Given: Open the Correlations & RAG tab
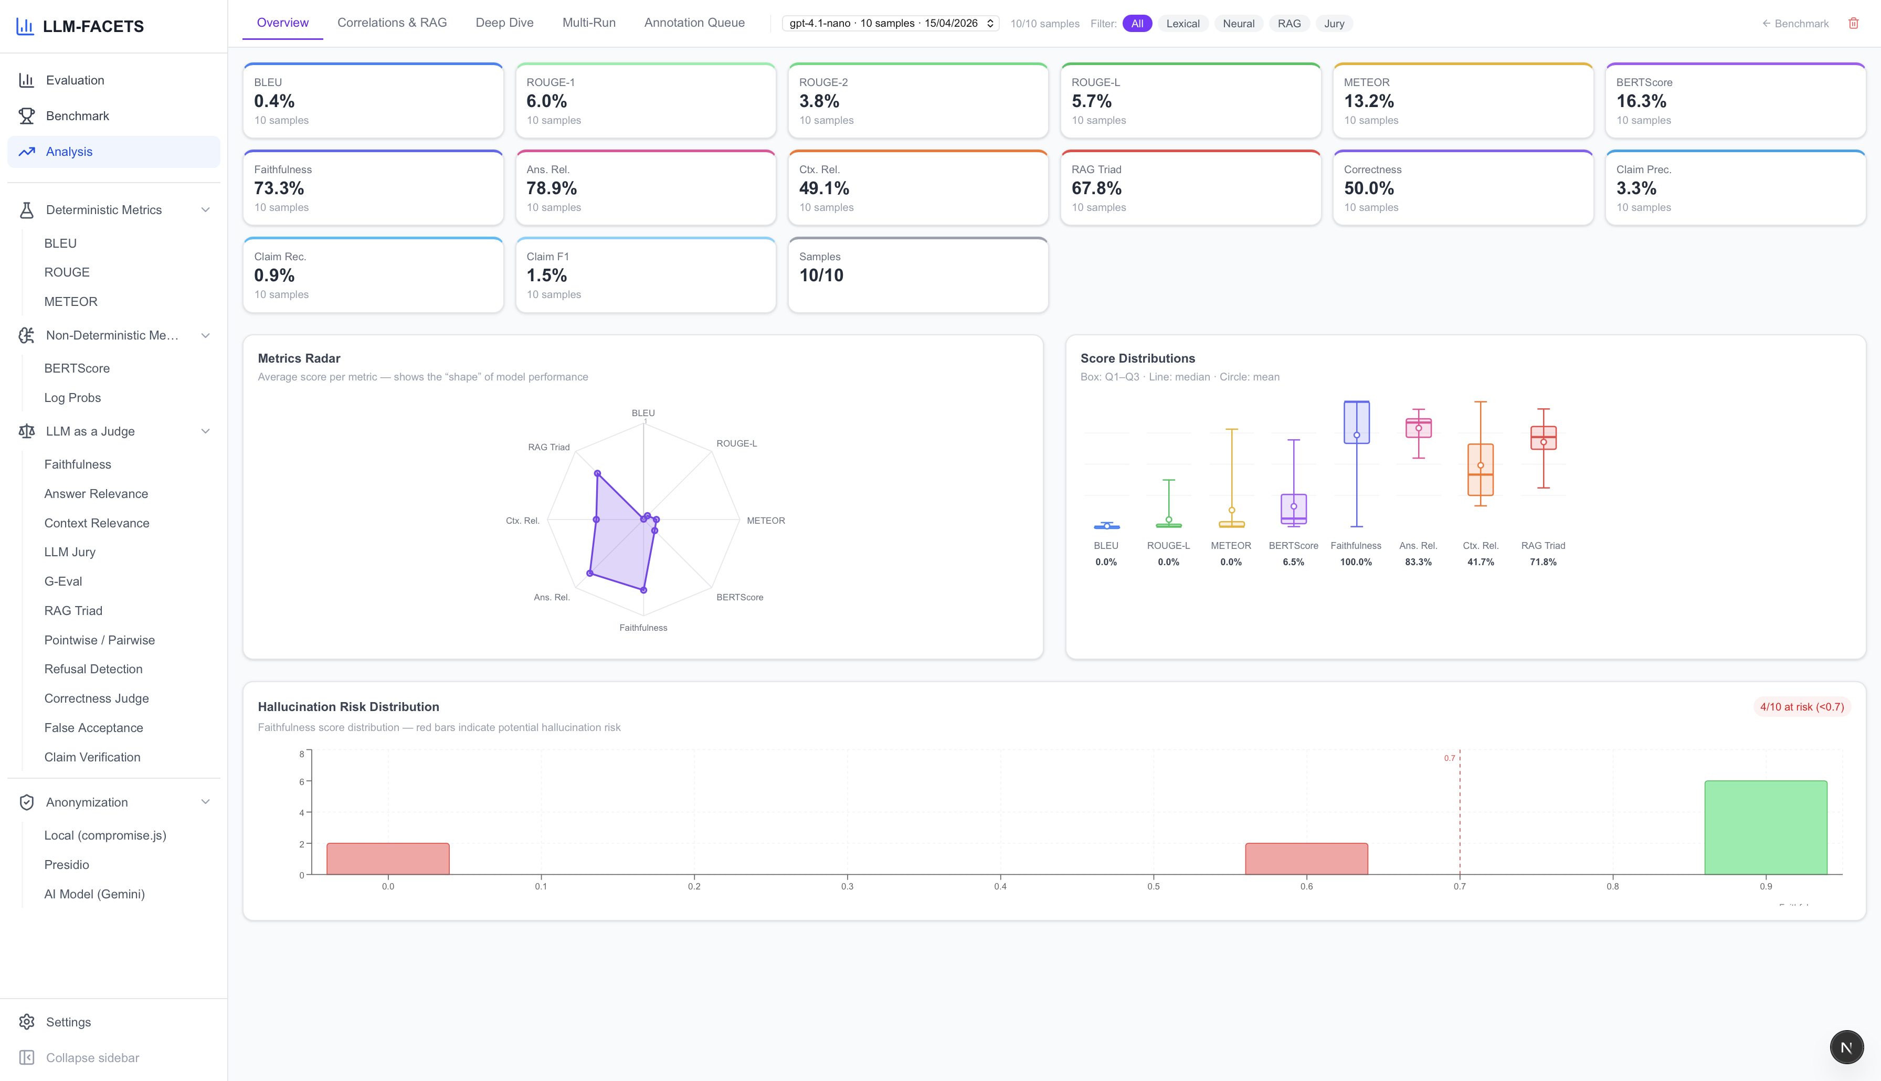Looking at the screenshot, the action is coord(392,23).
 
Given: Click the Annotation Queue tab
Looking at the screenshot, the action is coord(694,23).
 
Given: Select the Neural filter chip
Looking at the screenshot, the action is coord(1238,24).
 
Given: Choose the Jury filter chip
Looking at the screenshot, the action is coord(1334,24).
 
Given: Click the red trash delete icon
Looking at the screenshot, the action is coord(1853,24).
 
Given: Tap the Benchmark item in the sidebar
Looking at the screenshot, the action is coord(77,116).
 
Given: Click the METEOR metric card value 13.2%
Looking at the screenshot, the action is coord(1369,101).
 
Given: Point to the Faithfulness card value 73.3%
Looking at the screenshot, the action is coord(279,188).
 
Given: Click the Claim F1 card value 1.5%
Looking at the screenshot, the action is coord(546,275).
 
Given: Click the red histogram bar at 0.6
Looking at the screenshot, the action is coord(1306,859).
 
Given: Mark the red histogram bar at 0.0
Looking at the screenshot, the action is coord(387,859).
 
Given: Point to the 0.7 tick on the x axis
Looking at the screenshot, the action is coord(1460,886).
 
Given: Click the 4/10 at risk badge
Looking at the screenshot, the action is coord(1802,707).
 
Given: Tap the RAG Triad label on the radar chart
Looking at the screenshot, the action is coord(548,447).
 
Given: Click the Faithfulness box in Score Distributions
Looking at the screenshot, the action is coord(1356,422).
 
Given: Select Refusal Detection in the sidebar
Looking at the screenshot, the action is coord(93,669).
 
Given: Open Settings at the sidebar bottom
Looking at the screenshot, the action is coord(68,1022).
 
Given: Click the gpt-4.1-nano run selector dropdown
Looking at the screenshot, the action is coord(891,24).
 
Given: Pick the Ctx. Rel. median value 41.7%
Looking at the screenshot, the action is coord(1480,562).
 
